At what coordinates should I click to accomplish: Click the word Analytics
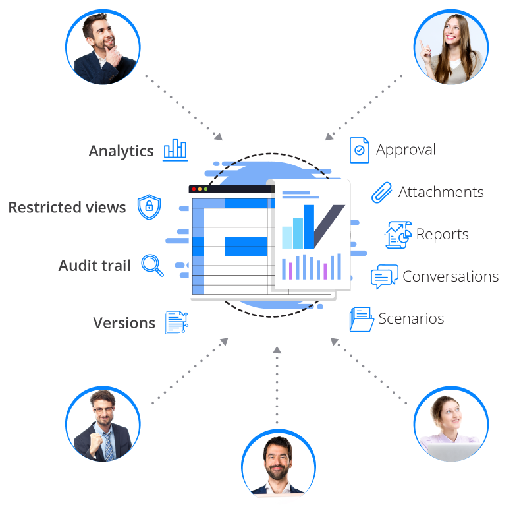click(x=121, y=152)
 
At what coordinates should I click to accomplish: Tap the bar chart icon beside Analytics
click(x=175, y=150)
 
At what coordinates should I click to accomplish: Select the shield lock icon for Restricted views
click(x=150, y=207)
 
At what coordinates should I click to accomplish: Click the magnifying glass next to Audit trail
click(x=152, y=265)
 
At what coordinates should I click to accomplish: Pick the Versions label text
click(x=124, y=323)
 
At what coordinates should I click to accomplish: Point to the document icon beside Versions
click(x=177, y=322)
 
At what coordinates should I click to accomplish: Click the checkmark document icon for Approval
click(x=360, y=150)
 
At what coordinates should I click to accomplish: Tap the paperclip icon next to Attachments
click(x=382, y=192)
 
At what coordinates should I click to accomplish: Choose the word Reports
click(x=442, y=234)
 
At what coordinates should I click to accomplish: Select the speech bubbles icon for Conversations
click(x=385, y=277)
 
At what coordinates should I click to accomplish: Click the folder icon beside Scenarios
click(x=362, y=319)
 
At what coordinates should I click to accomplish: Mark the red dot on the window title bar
click(x=194, y=189)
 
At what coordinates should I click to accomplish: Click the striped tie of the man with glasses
click(x=108, y=446)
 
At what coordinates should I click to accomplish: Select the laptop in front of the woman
click(x=452, y=452)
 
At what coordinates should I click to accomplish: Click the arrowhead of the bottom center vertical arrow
click(x=277, y=350)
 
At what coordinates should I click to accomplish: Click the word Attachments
click(x=441, y=192)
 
